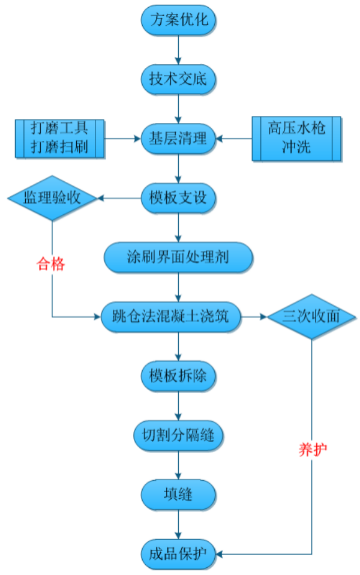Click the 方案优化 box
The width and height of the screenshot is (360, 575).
pyautogui.click(x=178, y=20)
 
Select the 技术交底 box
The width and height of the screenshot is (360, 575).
pyautogui.click(x=178, y=79)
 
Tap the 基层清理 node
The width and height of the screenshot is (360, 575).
pyautogui.click(x=178, y=139)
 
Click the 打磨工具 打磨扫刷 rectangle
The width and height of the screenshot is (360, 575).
pyautogui.click(x=59, y=139)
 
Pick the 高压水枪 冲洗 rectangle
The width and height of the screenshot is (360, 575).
pyautogui.click(x=296, y=139)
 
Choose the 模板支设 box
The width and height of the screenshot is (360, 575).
pyautogui.click(x=178, y=197)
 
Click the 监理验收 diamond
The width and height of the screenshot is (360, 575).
pyautogui.click(x=52, y=198)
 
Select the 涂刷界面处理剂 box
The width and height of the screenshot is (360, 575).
pyautogui.click(x=178, y=257)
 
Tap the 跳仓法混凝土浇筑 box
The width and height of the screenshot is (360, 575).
pyautogui.click(x=171, y=316)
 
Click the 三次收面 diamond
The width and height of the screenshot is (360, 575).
pyautogui.click(x=311, y=316)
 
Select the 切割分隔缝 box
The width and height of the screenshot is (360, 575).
pyautogui.click(x=178, y=434)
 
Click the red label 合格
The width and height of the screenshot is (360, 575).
pyautogui.click(x=50, y=264)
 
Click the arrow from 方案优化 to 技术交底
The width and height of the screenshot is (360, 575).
pyautogui.click(x=178, y=50)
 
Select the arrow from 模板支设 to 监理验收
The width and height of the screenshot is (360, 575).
pyautogui.click(x=119, y=198)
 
